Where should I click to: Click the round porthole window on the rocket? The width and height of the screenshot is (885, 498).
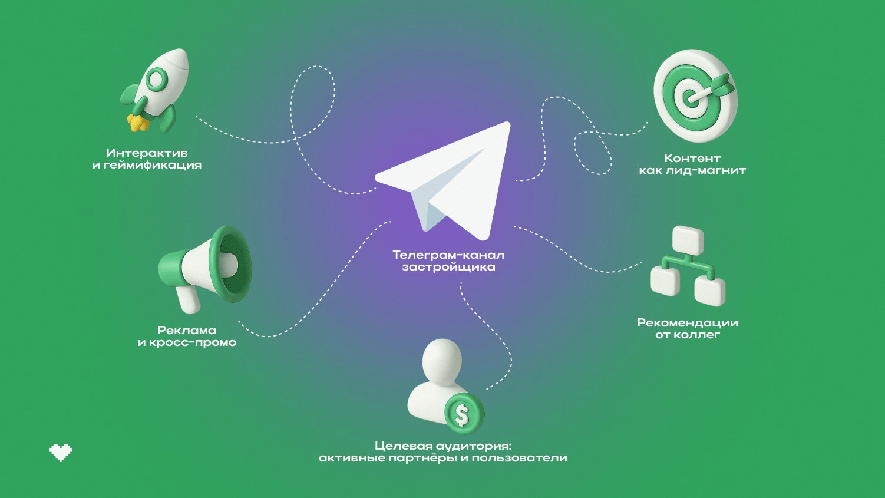point(157,80)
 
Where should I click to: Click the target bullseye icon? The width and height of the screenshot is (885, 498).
point(695,95)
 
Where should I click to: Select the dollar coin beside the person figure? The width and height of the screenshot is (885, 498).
point(464,414)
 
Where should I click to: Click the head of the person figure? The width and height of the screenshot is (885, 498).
point(442,362)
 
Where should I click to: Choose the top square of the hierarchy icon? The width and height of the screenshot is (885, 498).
point(688,240)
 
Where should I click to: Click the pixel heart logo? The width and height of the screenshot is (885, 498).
point(61,453)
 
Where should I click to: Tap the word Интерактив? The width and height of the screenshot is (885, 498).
point(147,153)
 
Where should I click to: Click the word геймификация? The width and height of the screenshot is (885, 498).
point(151,165)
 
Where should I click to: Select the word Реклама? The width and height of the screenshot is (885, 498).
point(187,330)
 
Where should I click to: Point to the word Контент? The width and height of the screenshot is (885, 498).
point(692,158)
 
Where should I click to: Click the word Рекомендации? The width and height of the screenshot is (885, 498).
point(688,323)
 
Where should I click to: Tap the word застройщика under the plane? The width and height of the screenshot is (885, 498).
point(448,267)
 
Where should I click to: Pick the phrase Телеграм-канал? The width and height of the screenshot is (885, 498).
point(448,255)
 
